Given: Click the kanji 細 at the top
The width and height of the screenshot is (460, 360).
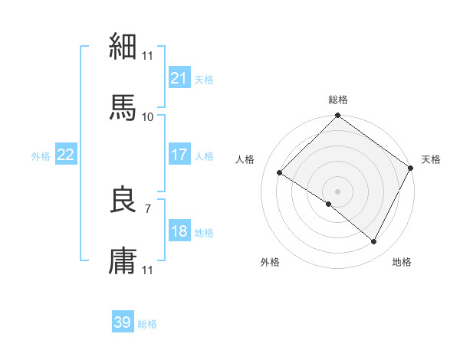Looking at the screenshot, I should tap(123, 47).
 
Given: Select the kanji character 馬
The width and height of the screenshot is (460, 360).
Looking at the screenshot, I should tap(123, 107).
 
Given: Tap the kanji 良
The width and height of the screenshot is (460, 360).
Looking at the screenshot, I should tap(123, 200).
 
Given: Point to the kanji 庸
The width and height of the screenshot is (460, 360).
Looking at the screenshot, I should tap(123, 261).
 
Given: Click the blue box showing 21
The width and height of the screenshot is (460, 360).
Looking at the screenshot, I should tap(179, 78).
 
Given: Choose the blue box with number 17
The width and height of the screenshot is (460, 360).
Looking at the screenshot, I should tap(179, 155).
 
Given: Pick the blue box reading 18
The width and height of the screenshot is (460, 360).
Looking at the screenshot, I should tap(179, 231).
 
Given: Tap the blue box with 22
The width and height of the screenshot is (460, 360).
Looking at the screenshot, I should tap(66, 155).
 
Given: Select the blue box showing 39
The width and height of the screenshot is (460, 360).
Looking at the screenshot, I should tap(123, 322).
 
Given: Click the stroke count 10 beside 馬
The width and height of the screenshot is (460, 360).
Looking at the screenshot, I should tap(147, 116).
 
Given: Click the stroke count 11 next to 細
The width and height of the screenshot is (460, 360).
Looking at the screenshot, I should tap(147, 55).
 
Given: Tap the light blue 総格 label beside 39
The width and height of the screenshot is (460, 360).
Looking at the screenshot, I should tap(147, 324).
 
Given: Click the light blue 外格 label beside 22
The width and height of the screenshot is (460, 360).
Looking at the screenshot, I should tap(41, 155).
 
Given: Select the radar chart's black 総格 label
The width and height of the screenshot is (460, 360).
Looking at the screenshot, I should tap(338, 100).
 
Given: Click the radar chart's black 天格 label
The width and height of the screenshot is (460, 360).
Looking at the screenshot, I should tap(432, 159).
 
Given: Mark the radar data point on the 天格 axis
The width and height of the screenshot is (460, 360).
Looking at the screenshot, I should tap(411, 168).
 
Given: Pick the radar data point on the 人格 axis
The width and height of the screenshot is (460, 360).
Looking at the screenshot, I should tap(280, 172).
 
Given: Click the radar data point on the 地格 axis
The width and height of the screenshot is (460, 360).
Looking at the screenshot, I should tap(374, 241).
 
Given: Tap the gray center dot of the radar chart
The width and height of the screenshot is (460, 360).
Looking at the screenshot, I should tap(338, 191).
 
